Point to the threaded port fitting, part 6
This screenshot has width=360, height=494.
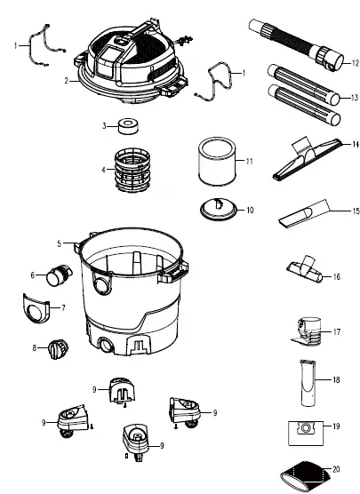(59, 278)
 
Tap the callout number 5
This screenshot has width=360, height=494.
(59, 243)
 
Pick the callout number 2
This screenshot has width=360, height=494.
(65, 80)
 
